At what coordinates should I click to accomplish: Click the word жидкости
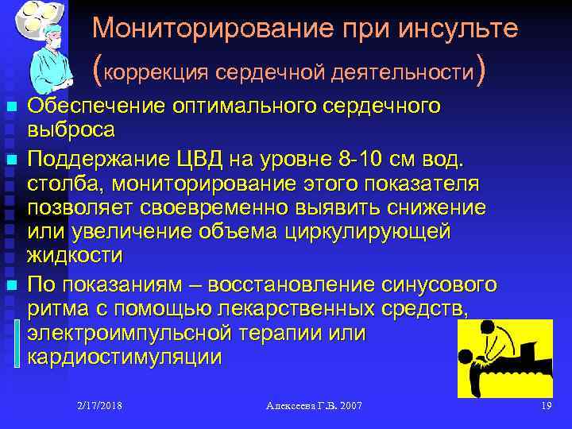75,255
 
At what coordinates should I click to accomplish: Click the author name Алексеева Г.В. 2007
314,406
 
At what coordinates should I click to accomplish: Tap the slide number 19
546,406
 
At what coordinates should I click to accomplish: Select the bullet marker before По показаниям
12,284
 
